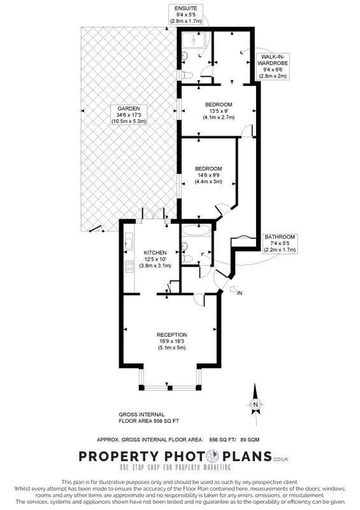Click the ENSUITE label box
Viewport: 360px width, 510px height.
(185, 14)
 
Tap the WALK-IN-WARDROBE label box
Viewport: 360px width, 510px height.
(273, 66)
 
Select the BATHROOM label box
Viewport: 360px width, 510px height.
(279, 244)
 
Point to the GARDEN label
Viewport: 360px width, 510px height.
(129, 115)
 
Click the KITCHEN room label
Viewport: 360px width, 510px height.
(155, 259)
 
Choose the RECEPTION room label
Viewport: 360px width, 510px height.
(171, 341)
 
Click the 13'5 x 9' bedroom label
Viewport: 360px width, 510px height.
(219, 111)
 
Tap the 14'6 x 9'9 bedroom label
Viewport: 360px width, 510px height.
(208, 175)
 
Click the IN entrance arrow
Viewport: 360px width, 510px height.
(233, 289)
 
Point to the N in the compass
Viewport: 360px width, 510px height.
(256, 405)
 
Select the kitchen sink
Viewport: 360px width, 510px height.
(129, 244)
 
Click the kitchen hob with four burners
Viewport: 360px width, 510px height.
(129, 266)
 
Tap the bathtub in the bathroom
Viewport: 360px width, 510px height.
(196, 231)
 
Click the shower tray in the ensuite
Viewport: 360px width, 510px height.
(194, 40)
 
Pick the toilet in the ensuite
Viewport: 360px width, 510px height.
(187, 75)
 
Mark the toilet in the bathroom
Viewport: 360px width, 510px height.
(187, 259)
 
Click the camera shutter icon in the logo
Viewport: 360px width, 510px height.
(213, 456)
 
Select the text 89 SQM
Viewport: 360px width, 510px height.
(250, 440)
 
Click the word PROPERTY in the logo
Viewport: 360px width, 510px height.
(119, 456)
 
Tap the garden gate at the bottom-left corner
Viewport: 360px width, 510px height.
(96, 229)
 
